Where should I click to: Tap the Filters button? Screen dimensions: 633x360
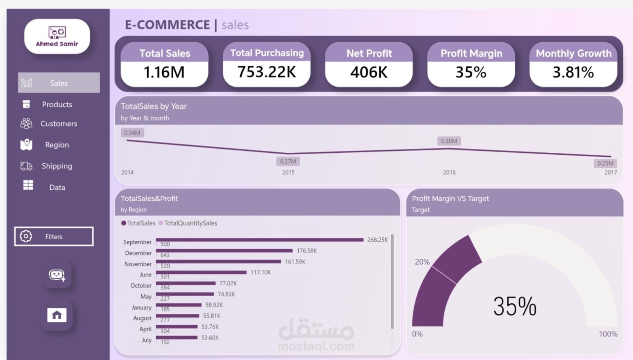click(x=54, y=236)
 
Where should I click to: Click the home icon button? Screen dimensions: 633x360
click(x=57, y=315)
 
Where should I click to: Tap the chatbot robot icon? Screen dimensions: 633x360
click(x=57, y=275)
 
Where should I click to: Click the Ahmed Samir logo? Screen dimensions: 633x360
click(x=57, y=36)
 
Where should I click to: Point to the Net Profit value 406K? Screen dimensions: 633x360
click(x=369, y=72)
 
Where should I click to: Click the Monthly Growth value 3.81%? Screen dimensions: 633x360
click(x=573, y=72)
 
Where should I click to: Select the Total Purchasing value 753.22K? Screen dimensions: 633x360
click(x=267, y=72)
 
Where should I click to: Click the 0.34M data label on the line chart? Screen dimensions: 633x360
click(x=132, y=133)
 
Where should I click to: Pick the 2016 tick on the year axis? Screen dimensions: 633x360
click(x=449, y=172)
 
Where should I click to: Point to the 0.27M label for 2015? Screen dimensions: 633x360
click(x=288, y=161)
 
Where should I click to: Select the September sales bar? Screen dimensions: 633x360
click(x=260, y=240)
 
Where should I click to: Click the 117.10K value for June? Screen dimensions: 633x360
click(x=261, y=273)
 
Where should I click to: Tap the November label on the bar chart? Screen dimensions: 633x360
click(x=138, y=264)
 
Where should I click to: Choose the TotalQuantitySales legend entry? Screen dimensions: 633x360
click(x=188, y=223)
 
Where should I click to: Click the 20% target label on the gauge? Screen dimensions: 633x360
click(x=422, y=262)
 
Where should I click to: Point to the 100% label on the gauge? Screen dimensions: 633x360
click(x=608, y=334)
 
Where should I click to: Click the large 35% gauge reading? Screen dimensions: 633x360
click(x=515, y=306)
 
